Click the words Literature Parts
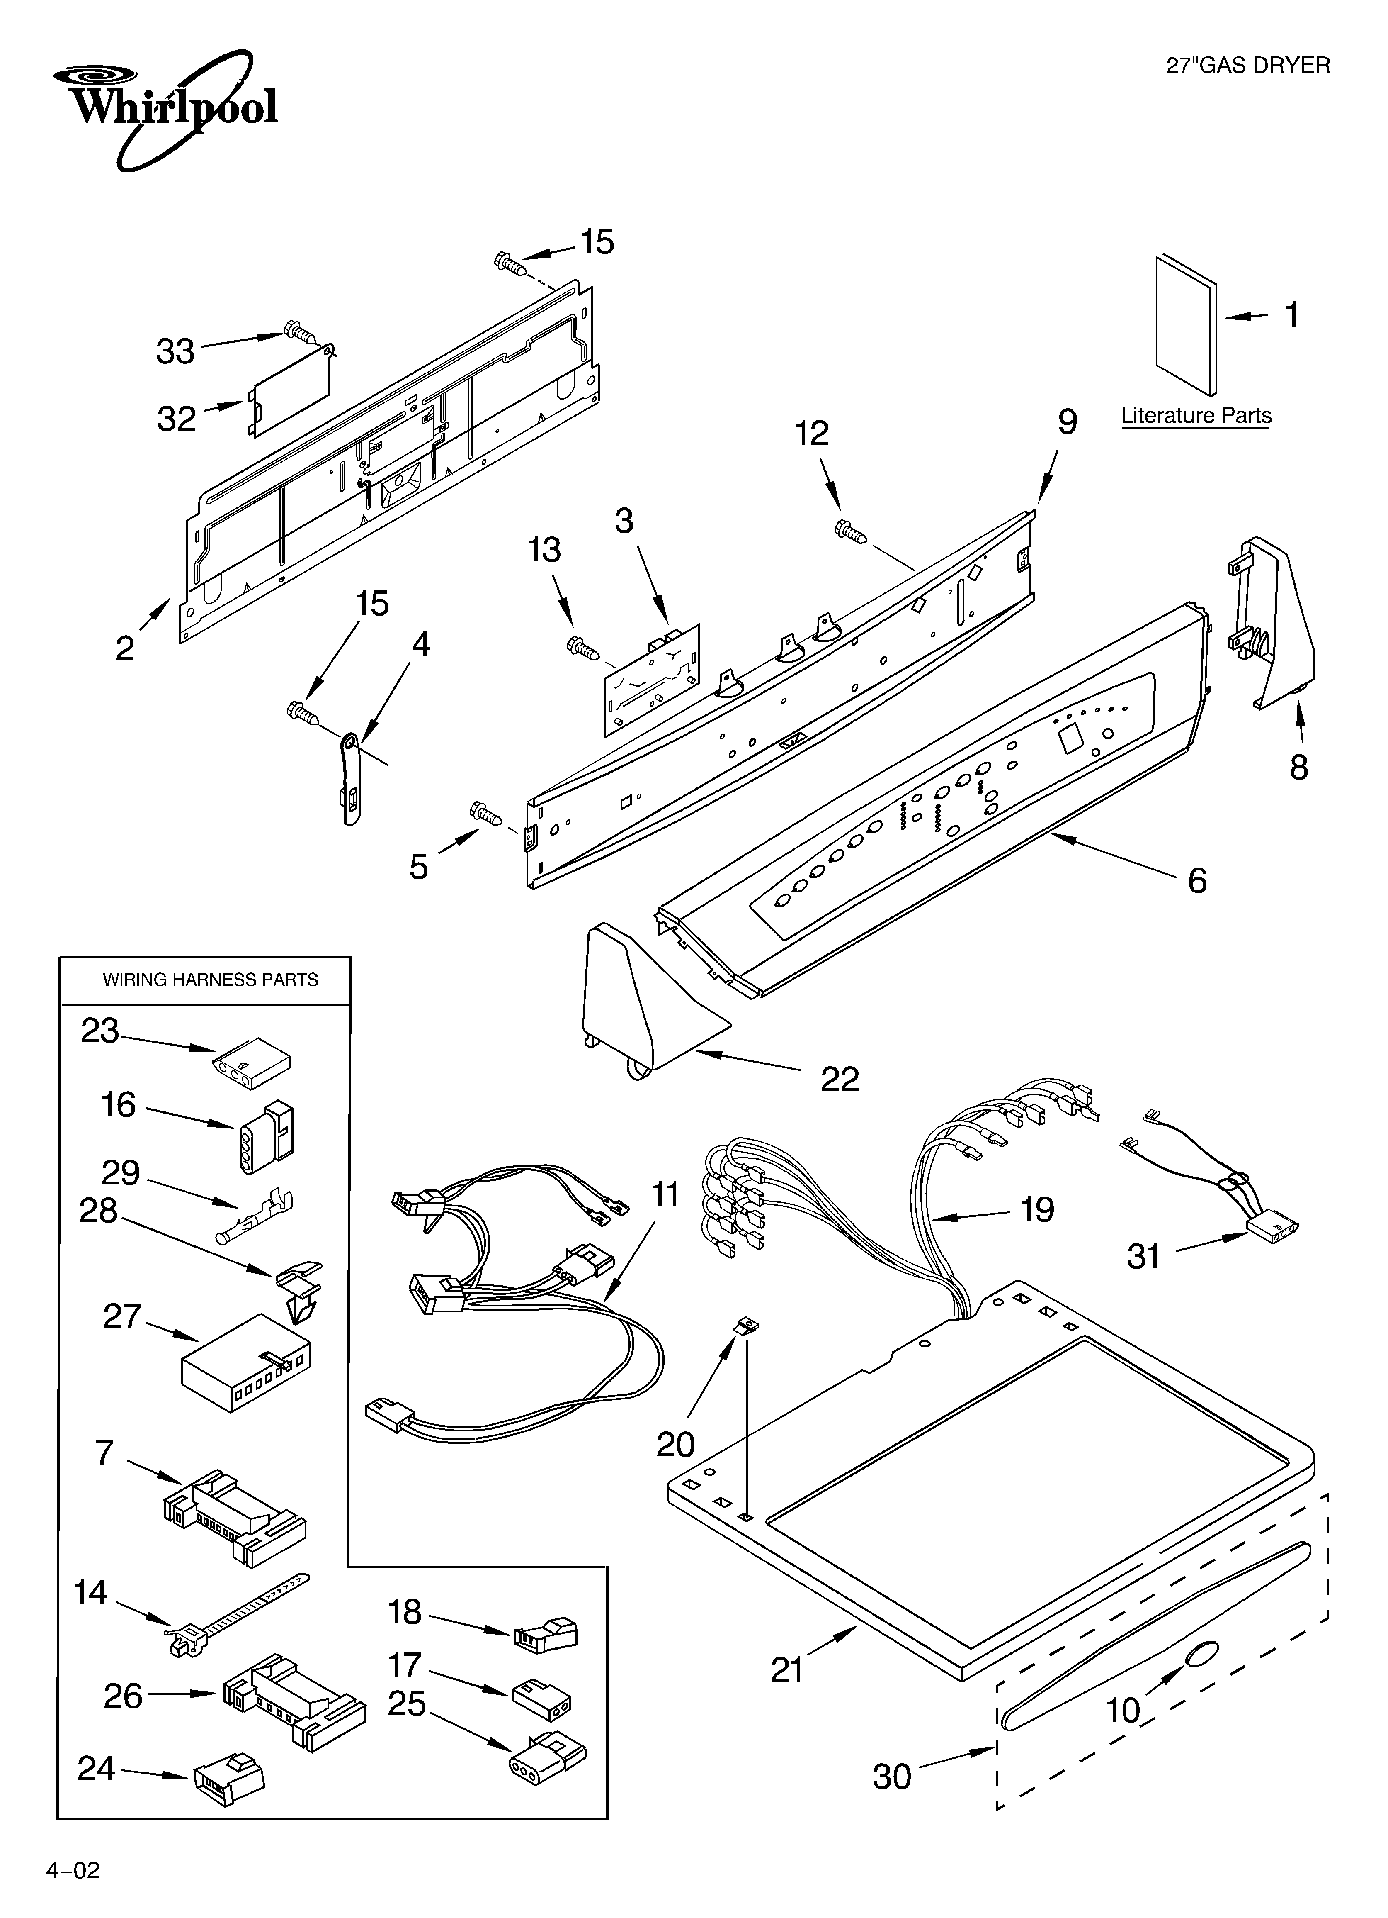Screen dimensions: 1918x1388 [1195, 416]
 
